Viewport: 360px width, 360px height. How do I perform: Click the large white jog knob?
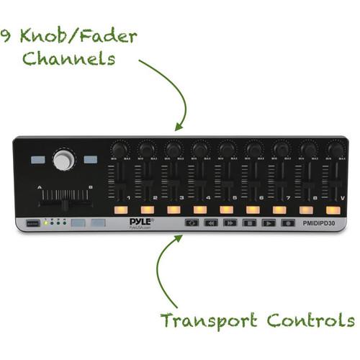coord(63,160)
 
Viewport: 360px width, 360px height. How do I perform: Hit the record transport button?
coord(288,223)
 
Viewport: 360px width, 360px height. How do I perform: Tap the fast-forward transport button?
coord(230,223)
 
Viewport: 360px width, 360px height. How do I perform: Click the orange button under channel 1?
coord(120,210)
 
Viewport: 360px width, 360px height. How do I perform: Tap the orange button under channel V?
coord(333,210)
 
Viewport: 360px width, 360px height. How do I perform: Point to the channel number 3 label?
coord(181,197)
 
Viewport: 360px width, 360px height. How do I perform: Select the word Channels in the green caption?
coord(69,58)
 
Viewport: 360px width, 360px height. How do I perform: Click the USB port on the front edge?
coord(30,224)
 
